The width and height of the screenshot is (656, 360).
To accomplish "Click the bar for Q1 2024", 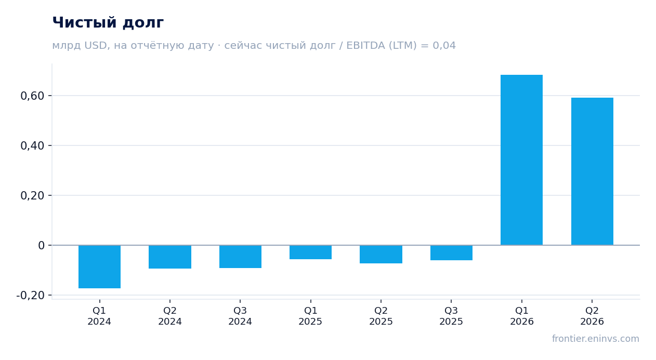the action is click(100, 266).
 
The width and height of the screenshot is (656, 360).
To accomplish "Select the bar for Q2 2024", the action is click(170, 257).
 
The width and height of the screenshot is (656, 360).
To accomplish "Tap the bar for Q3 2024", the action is click(241, 257).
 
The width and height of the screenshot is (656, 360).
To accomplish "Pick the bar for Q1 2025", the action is click(311, 252).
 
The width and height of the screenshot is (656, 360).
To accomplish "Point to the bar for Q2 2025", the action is click(381, 254).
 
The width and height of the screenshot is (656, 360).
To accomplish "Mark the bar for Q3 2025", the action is click(451, 252).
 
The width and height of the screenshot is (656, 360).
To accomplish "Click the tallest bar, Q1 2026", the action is click(521, 160).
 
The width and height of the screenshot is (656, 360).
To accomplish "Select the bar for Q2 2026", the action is click(592, 171).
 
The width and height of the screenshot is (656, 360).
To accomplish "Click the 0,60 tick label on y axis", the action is click(32, 96).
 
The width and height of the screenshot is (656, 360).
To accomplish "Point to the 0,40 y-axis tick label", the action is click(32, 146).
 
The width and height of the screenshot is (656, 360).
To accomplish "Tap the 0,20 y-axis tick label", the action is click(32, 195).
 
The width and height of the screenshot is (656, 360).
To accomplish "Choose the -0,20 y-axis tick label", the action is click(30, 295).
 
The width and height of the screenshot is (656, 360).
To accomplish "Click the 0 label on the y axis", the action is click(41, 245).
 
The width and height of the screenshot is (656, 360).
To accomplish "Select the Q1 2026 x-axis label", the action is click(521, 316).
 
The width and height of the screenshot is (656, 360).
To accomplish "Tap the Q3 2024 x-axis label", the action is click(240, 316).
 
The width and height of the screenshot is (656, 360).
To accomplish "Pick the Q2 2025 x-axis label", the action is click(381, 316).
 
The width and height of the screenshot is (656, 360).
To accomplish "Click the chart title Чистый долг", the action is click(108, 22).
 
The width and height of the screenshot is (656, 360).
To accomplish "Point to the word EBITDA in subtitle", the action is click(365, 45).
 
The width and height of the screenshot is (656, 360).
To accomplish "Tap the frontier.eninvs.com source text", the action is click(595, 339).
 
